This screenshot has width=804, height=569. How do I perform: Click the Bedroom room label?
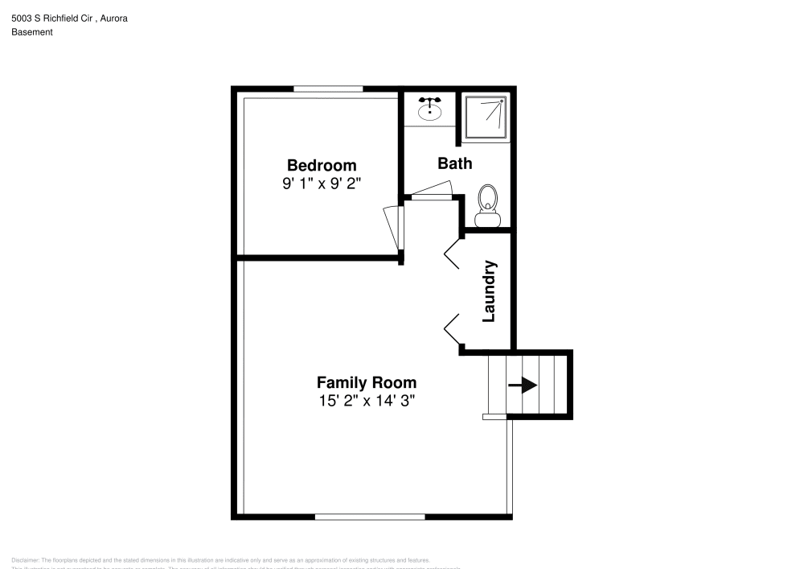(x=321, y=166)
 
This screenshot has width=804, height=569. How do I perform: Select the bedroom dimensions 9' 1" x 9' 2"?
(x=321, y=183)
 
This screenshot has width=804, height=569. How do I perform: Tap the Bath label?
(x=454, y=163)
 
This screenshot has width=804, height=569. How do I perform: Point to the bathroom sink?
(x=430, y=108)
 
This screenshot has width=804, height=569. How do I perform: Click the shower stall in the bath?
(x=486, y=118)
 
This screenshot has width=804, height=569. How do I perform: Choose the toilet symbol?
(x=487, y=207)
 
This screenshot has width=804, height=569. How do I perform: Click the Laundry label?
(x=488, y=291)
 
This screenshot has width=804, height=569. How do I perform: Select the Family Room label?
(x=366, y=382)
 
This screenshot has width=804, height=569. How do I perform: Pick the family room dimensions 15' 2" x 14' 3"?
(x=366, y=400)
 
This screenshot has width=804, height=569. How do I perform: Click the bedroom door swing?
(x=392, y=228)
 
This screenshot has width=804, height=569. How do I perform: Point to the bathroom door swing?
(x=430, y=191)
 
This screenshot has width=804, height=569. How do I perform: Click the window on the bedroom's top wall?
(x=327, y=89)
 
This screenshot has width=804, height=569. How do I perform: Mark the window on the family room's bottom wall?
(x=369, y=517)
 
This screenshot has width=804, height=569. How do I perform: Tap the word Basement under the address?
(x=32, y=32)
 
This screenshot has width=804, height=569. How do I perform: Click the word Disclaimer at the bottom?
(x=25, y=560)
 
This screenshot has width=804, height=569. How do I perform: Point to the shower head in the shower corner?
(x=502, y=101)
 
